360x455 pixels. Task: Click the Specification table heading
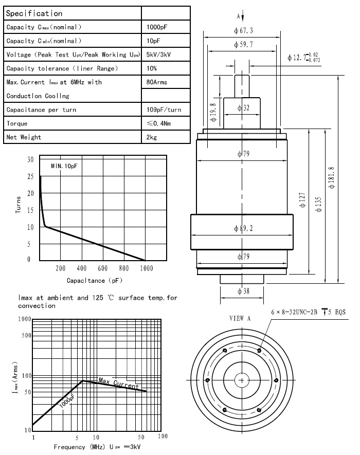coord(34,13)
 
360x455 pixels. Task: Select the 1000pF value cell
coord(157,27)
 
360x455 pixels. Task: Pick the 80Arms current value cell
coord(157,82)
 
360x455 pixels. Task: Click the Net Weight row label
coord(24,137)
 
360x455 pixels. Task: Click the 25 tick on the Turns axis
coord(30,176)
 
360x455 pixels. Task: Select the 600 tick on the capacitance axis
coord(102,268)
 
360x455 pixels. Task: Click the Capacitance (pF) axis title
coord(93,280)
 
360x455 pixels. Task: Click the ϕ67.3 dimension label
coord(243,30)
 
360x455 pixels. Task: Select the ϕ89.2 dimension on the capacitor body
coord(244,229)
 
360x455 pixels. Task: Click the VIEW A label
coord(240,318)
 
